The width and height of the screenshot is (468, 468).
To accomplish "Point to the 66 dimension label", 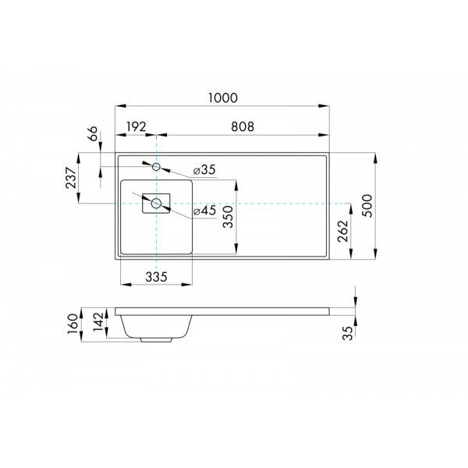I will pos(92,134).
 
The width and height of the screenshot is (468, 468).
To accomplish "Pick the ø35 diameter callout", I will pos(204,169).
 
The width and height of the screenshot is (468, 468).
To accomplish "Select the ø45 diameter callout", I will pos(204,211).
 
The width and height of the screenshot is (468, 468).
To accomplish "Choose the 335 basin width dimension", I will pos(156,277).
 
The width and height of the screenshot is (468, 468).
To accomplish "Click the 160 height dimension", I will pos(72,321).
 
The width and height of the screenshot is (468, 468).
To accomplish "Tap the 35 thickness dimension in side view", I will pos(348,333).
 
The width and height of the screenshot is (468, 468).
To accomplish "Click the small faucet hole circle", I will pos(156,166).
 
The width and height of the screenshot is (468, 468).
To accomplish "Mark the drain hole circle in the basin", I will pos(156,204).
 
